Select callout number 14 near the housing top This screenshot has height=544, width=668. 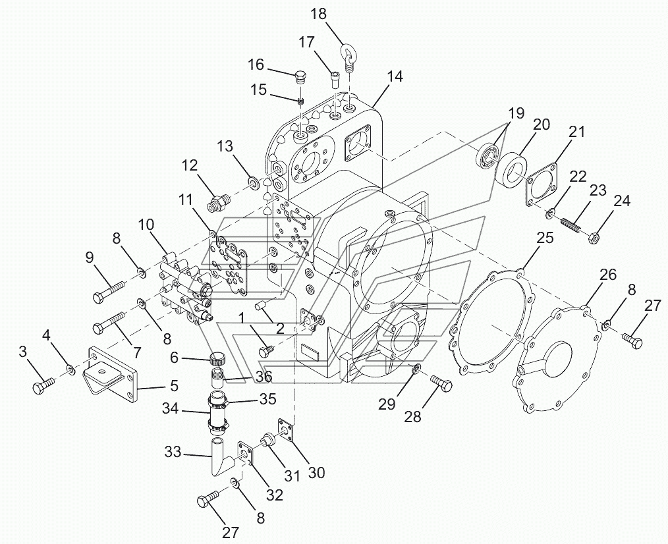point(394,76)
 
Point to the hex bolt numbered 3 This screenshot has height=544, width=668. point(43,385)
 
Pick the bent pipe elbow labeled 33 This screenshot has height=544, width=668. point(217,460)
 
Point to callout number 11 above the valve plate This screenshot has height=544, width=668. point(186,198)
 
